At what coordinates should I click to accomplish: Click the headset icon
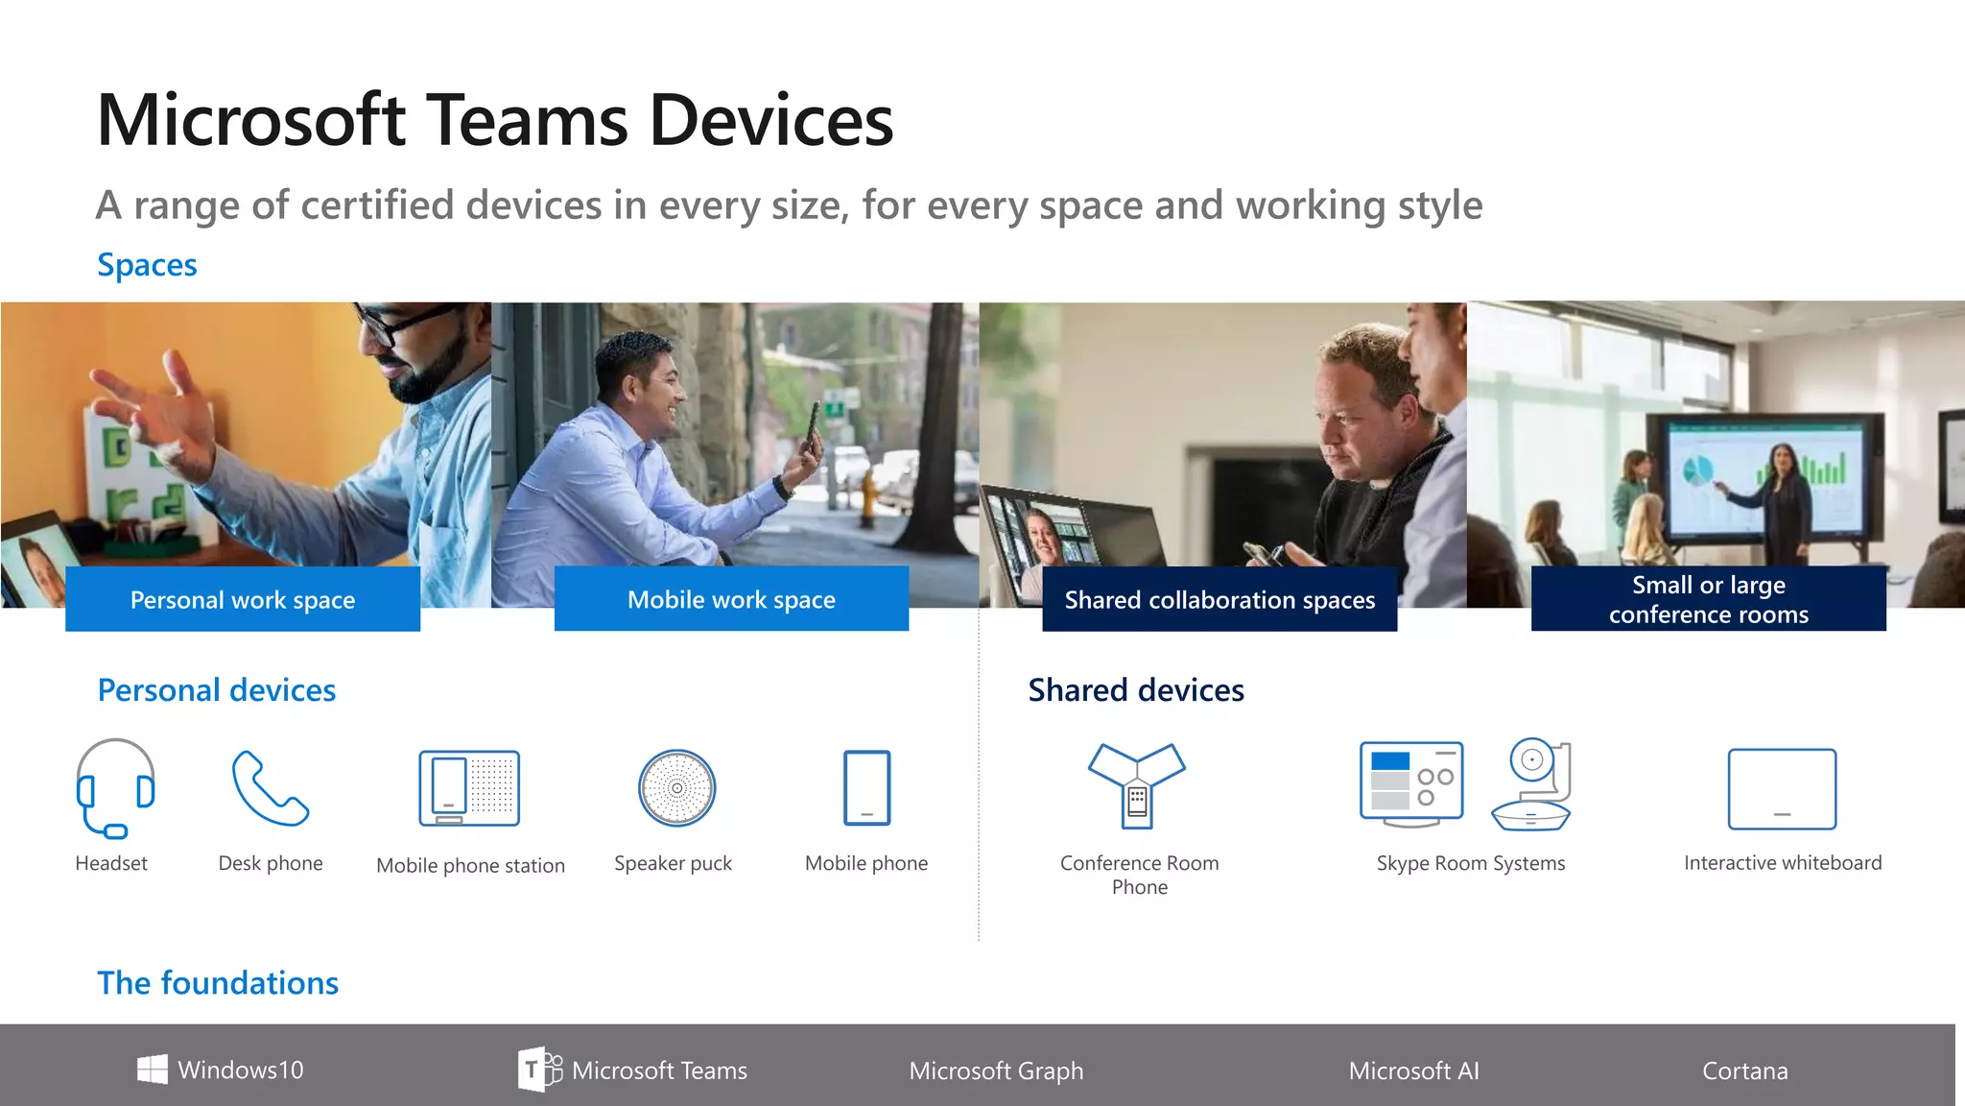(115, 788)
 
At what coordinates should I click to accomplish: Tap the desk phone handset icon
(270, 788)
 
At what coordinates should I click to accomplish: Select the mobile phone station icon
(469, 788)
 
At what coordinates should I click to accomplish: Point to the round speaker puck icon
(676, 788)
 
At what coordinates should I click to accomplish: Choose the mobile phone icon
(866, 788)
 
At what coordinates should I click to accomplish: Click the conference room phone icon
(1137, 784)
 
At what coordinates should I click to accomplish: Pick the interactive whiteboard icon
(1782, 789)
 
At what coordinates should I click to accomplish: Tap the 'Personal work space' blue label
(243, 600)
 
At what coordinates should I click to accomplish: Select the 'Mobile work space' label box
(731, 599)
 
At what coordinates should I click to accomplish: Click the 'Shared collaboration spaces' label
(1219, 600)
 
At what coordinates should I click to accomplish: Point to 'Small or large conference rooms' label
(1708, 599)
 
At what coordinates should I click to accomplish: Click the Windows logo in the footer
(152, 1070)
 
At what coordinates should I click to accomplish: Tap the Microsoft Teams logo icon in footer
(539, 1070)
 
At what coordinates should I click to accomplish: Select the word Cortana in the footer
(1744, 1070)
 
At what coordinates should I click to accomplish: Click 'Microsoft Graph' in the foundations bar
(996, 1070)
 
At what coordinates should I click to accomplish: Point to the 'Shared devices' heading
(1136, 690)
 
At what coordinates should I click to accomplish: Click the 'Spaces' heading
(147, 265)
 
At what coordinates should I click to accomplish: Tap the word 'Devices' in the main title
(771, 121)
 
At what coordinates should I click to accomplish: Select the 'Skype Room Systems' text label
(1470, 863)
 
